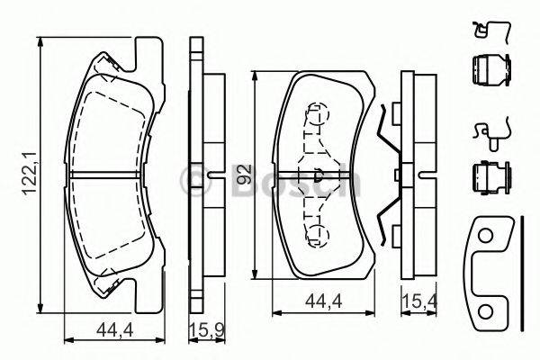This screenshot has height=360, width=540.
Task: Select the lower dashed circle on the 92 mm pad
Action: click(x=316, y=236)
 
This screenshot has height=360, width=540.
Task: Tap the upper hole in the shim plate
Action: click(x=487, y=236)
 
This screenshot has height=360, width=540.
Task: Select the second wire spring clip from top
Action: click(x=487, y=133)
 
